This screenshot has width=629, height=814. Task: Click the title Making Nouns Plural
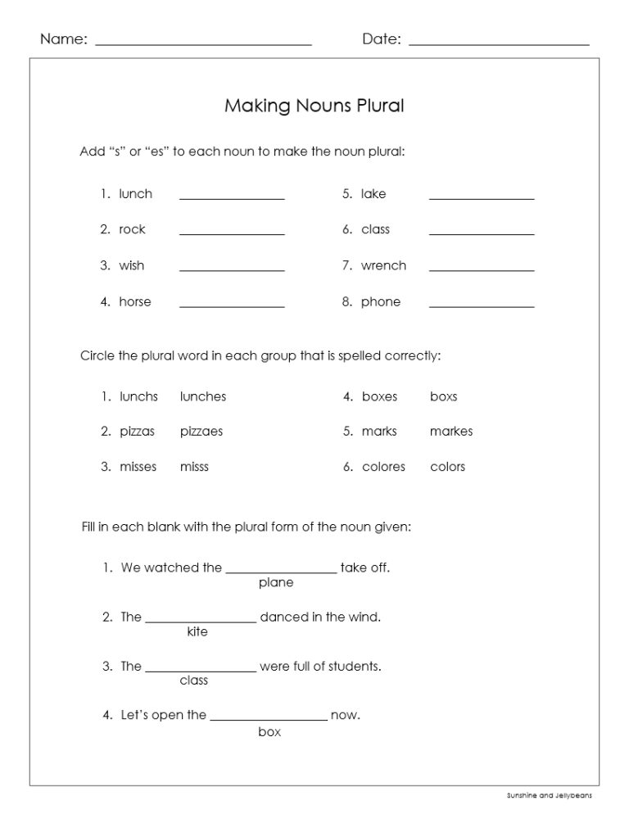pyautogui.click(x=314, y=106)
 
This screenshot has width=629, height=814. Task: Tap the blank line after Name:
pyautogui.click(x=203, y=43)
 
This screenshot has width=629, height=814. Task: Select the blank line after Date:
pyautogui.click(x=499, y=43)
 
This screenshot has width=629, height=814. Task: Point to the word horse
pyautogui.click(x=135, y=301)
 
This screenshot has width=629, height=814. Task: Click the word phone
pyautogui.click(x=381, y=301)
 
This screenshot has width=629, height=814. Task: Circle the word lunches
pyautogui.click(x=203, y=396)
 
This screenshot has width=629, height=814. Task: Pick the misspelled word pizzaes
pyautogui.click(x=201, y=432)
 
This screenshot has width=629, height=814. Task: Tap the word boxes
pyautogui.click(x=379, y=396)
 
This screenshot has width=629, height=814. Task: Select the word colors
pyautogui.click(x=447, y=467)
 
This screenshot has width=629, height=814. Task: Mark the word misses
pyautogui.click(x=138, y=467)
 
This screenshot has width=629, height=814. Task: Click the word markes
pyautogui.click(x=451, y=432)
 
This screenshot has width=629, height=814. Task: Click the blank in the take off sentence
pyautogui.click(x=281, y=571)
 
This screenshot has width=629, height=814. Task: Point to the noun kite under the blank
pyautogui.click(x=197, y=632)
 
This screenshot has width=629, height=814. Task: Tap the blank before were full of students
pyautogui.click(x=201, y=669)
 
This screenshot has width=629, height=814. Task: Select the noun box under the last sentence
pyautogui.click(x=269, y=732)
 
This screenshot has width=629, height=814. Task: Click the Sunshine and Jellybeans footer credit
pyautogui.click(x=549, y=795)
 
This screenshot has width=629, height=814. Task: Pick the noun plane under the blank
pyautogui.click(x=276, y=583)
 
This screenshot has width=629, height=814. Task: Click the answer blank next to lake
pyautogui.click(x=482, y=197)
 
